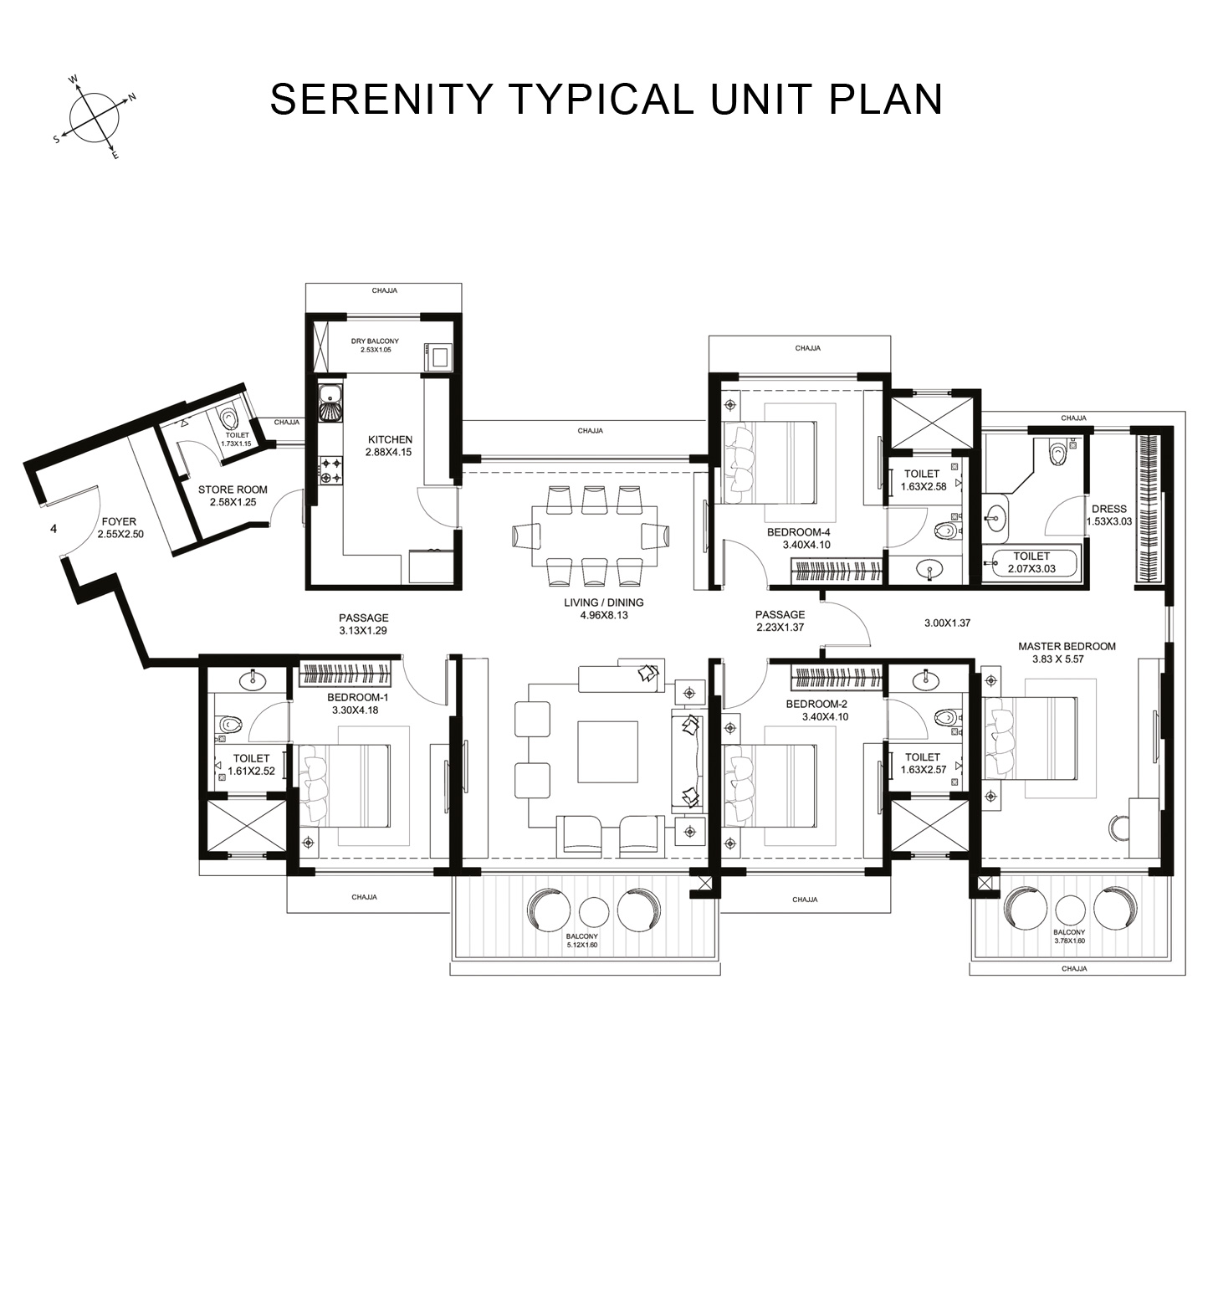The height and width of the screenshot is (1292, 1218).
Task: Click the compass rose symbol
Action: pyautogui.click(x=94, y=118)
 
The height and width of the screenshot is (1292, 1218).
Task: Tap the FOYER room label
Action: pyautogui.click(x=119, y=522)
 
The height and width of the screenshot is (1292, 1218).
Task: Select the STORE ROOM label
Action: pyautogui.click(x=233, y=490)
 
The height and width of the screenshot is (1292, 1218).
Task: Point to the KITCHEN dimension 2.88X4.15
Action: pyautogui.click(x=388, y=452)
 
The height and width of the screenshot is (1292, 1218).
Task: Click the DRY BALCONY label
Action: pyautogui.click(x=375, y=341)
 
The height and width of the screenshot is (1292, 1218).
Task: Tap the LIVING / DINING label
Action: pyautogui.click(x=603, y=602)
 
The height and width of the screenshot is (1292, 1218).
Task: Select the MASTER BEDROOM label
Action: pyautogui.click(x=1067, y=646)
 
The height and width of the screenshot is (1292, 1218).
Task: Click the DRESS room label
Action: pyautogui.click(x=1108, y=509)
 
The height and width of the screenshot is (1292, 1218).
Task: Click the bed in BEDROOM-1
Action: pyautogui.click(x=347, y=784)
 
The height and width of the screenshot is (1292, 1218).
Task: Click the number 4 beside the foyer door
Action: pyautogui.click(x=54, y=529)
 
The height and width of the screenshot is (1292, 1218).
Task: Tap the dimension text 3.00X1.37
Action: pyautogui.click(x=947, y=623)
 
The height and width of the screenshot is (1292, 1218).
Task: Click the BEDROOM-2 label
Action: pyautogui.click(x=816, y=705)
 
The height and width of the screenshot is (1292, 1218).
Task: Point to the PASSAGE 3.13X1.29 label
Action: pyautogui.click(x=363, y=624)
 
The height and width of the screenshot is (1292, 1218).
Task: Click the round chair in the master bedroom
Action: pyautogui.click(x=1118, y=827)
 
